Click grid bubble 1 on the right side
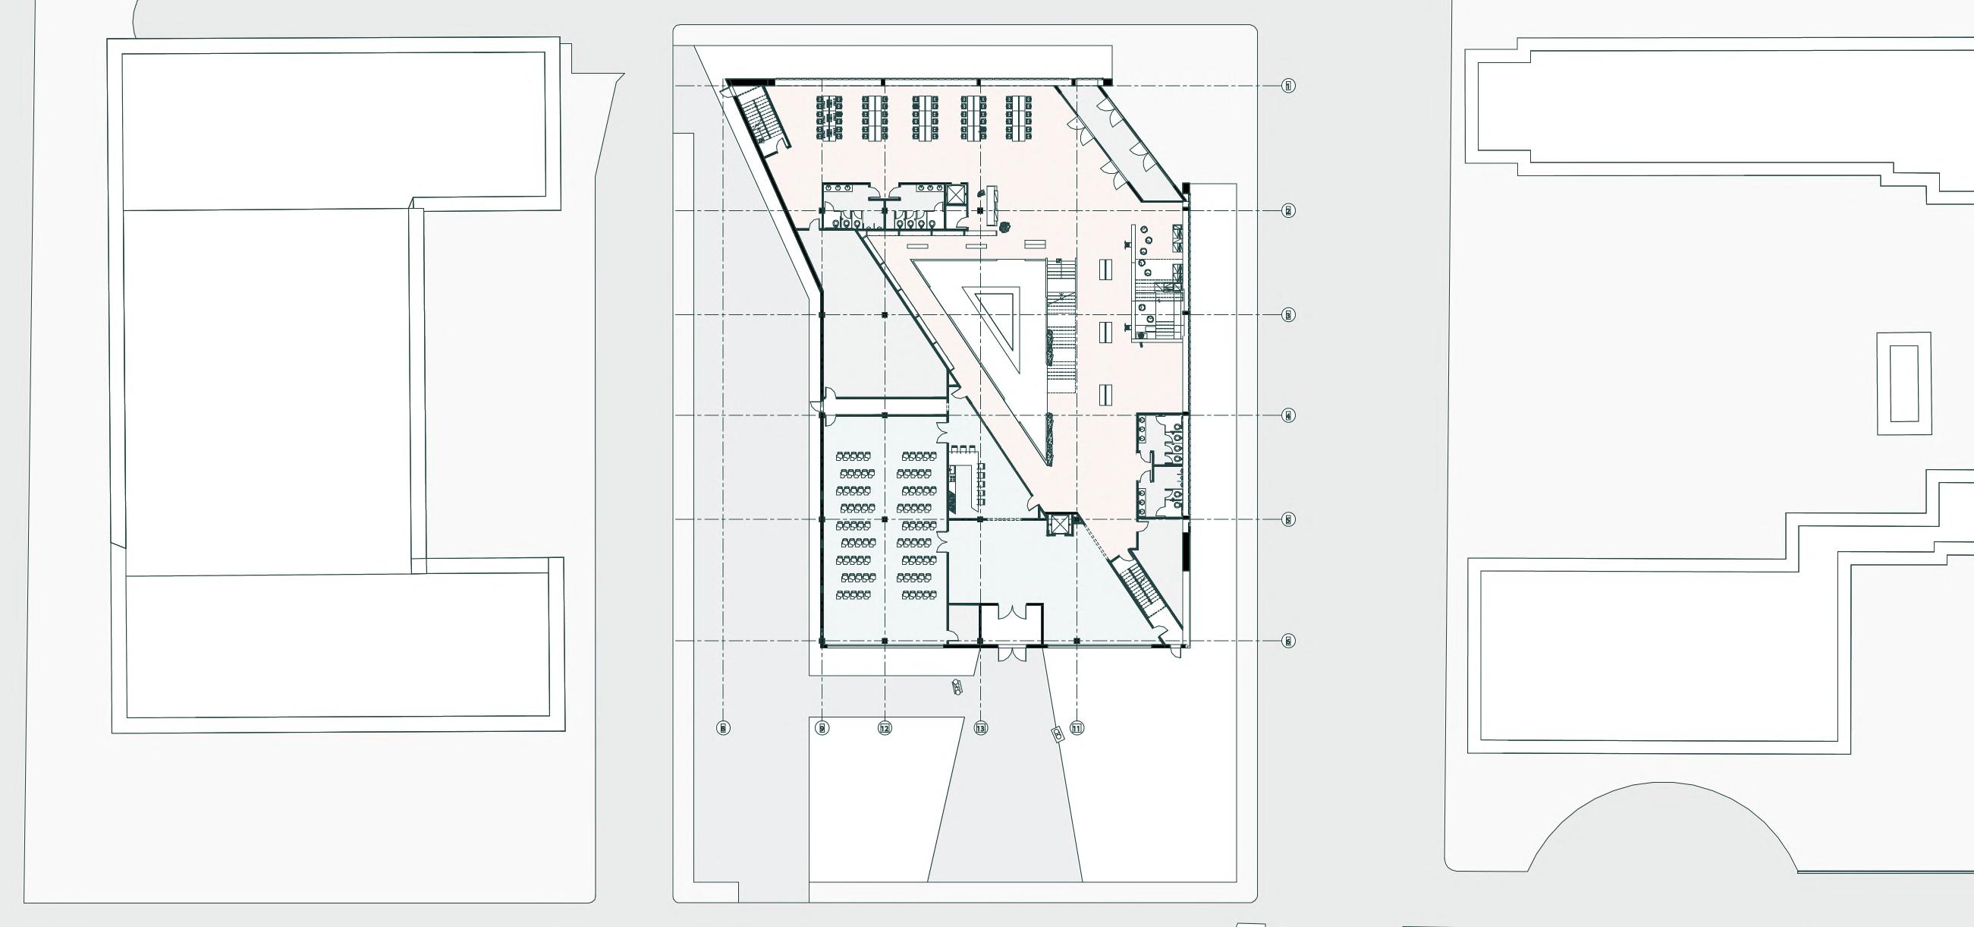pyautogui.click(x=1288, y=87)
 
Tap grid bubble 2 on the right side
pyautogui.click(x=1288, y=211)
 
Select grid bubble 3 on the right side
pyautogui.click(x=1288, y=315)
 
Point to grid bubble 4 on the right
pyautogui.click(x=1288, y=415)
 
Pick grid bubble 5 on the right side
pyautogui.click(x=1288, y=520)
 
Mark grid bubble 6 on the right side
pyautogui.click(x=1288, y=641)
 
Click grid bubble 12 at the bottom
pyautogui.click(x=885, y=728)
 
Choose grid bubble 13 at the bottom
pyautogui.click(x=981, y=728)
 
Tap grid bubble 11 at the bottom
pyautogui.click(x=1077, y=728)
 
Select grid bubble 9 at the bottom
pyautogui.click(x=822, y=728)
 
